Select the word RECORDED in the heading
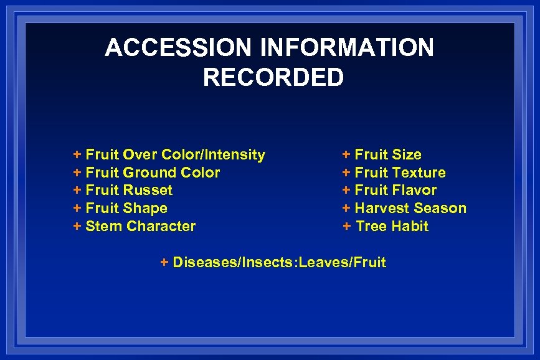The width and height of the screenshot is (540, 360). (x=273, y=78)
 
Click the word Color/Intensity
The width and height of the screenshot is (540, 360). (x=213, y=154)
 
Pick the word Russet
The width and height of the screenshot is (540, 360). (x=148, y=190)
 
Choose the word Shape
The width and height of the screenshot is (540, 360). (x=146, y=208)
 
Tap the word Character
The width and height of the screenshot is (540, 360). (x=161, y=226)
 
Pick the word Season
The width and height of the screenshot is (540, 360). (x=438, y=208)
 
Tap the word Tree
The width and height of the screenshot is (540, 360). (x=371, y=226)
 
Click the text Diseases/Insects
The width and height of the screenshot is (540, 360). (x=234, y=262)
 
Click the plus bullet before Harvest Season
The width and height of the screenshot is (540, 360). (x=346, y=208)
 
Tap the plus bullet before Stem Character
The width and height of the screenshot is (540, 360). (x=77, y=226)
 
